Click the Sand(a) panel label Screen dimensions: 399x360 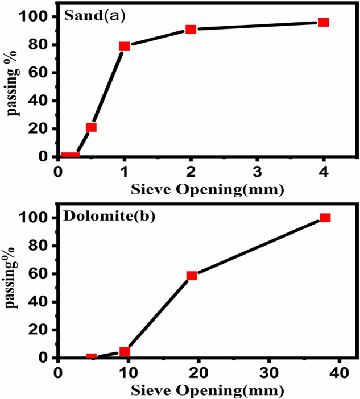(x=94, y=16)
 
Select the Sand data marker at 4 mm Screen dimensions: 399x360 (x=324, y=22)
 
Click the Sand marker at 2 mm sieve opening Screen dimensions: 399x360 (x=191, y=29)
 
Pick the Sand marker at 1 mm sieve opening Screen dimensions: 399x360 (x=125, y=46)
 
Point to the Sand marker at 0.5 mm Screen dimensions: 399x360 (x=91, y=127)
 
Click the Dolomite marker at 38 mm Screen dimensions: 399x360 (x=325, y=218)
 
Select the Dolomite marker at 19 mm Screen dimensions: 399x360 (x=192, y=275)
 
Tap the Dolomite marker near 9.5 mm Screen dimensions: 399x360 (x=125, y=351)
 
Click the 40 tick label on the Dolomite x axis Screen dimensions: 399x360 (x=339, y=372)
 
